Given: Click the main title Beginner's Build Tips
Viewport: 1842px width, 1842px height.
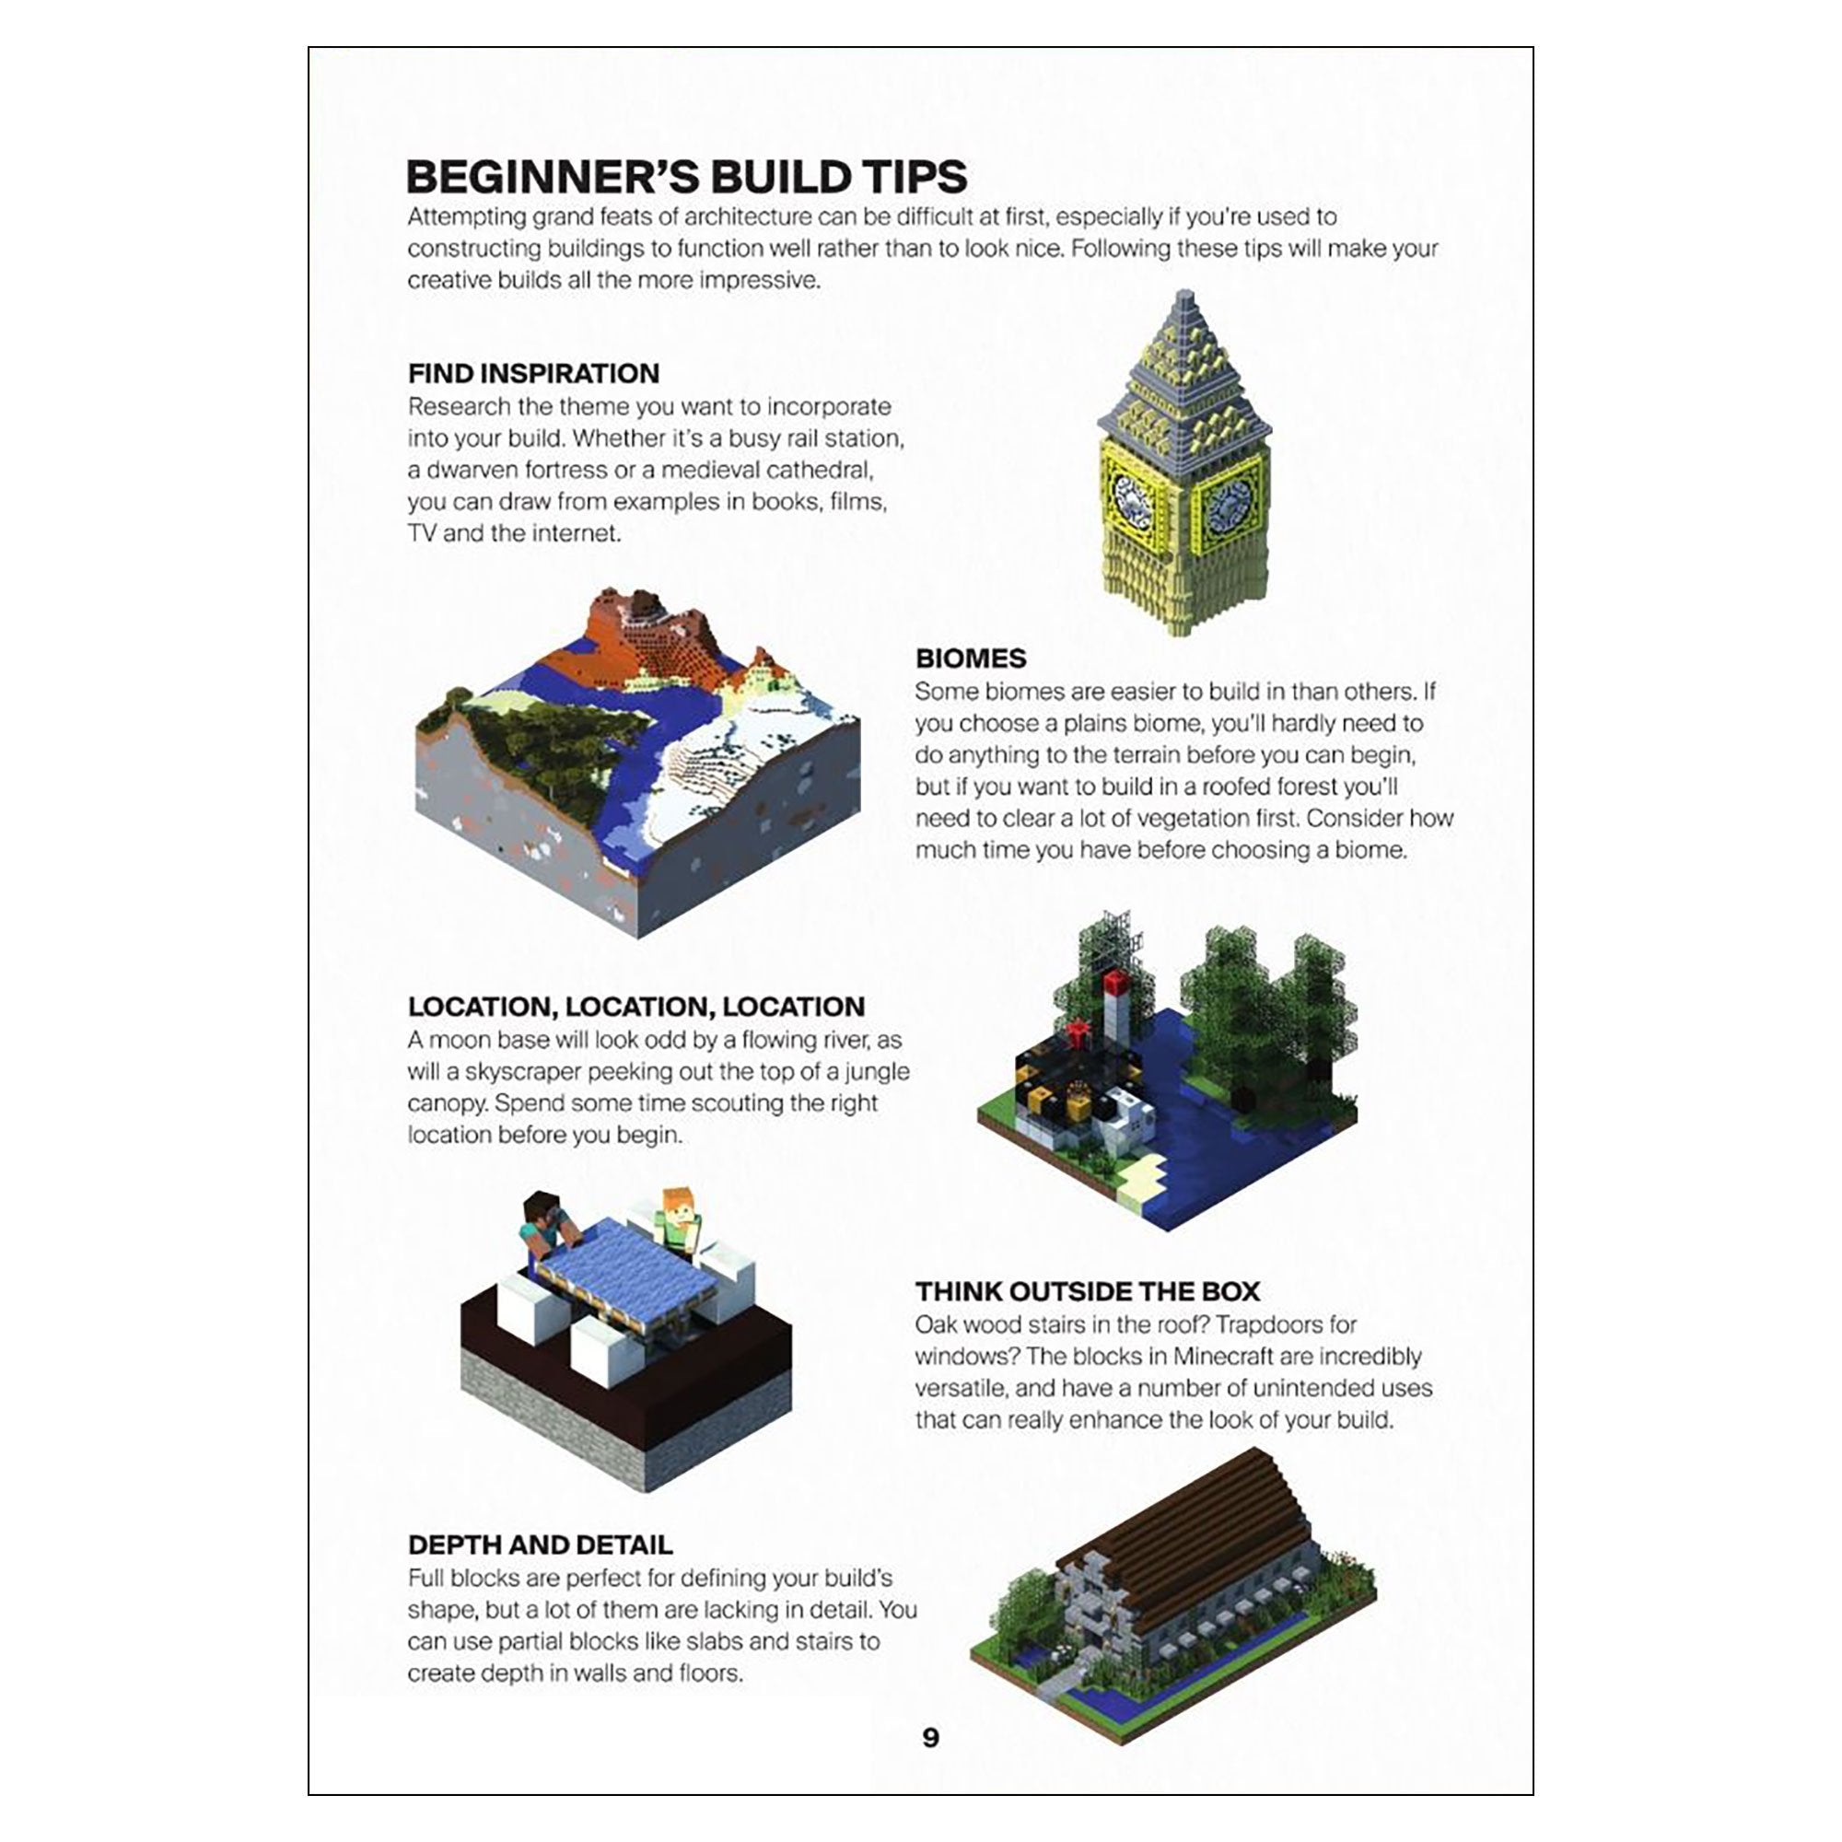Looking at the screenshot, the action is click(686, 178).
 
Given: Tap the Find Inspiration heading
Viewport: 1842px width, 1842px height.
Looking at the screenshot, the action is click(533, 373).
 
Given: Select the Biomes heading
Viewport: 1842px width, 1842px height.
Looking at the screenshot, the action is click(971, 658).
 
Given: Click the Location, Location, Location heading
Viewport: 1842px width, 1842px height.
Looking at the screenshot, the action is click(635, 1006).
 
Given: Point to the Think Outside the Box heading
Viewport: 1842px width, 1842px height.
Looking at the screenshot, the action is click(1087, 1291).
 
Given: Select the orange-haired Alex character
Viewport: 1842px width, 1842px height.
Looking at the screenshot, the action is click(679, 1218).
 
